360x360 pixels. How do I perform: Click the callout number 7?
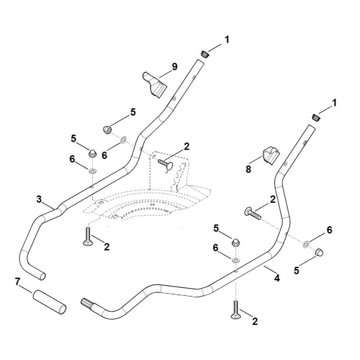[x=18, y=282]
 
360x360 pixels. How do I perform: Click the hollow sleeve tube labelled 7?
[x=50, y=302]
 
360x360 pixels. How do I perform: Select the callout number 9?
[x=175, y=67]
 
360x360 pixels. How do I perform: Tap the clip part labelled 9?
[x=155, y=84]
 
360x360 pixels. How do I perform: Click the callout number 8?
[x=248, y=170]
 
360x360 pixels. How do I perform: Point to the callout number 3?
[x=39, y=199]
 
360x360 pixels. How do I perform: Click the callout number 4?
[x=277, y=278]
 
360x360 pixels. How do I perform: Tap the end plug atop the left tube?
[x=205, y=54]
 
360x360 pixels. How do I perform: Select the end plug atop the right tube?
[x=316, y=118]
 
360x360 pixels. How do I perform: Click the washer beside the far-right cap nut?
[x=306, y=244]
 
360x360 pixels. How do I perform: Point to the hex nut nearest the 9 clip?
[x=107, y=130]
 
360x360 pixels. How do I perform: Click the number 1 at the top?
[x=227, y=40]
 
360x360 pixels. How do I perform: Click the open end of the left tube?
[x=42, y=276]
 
